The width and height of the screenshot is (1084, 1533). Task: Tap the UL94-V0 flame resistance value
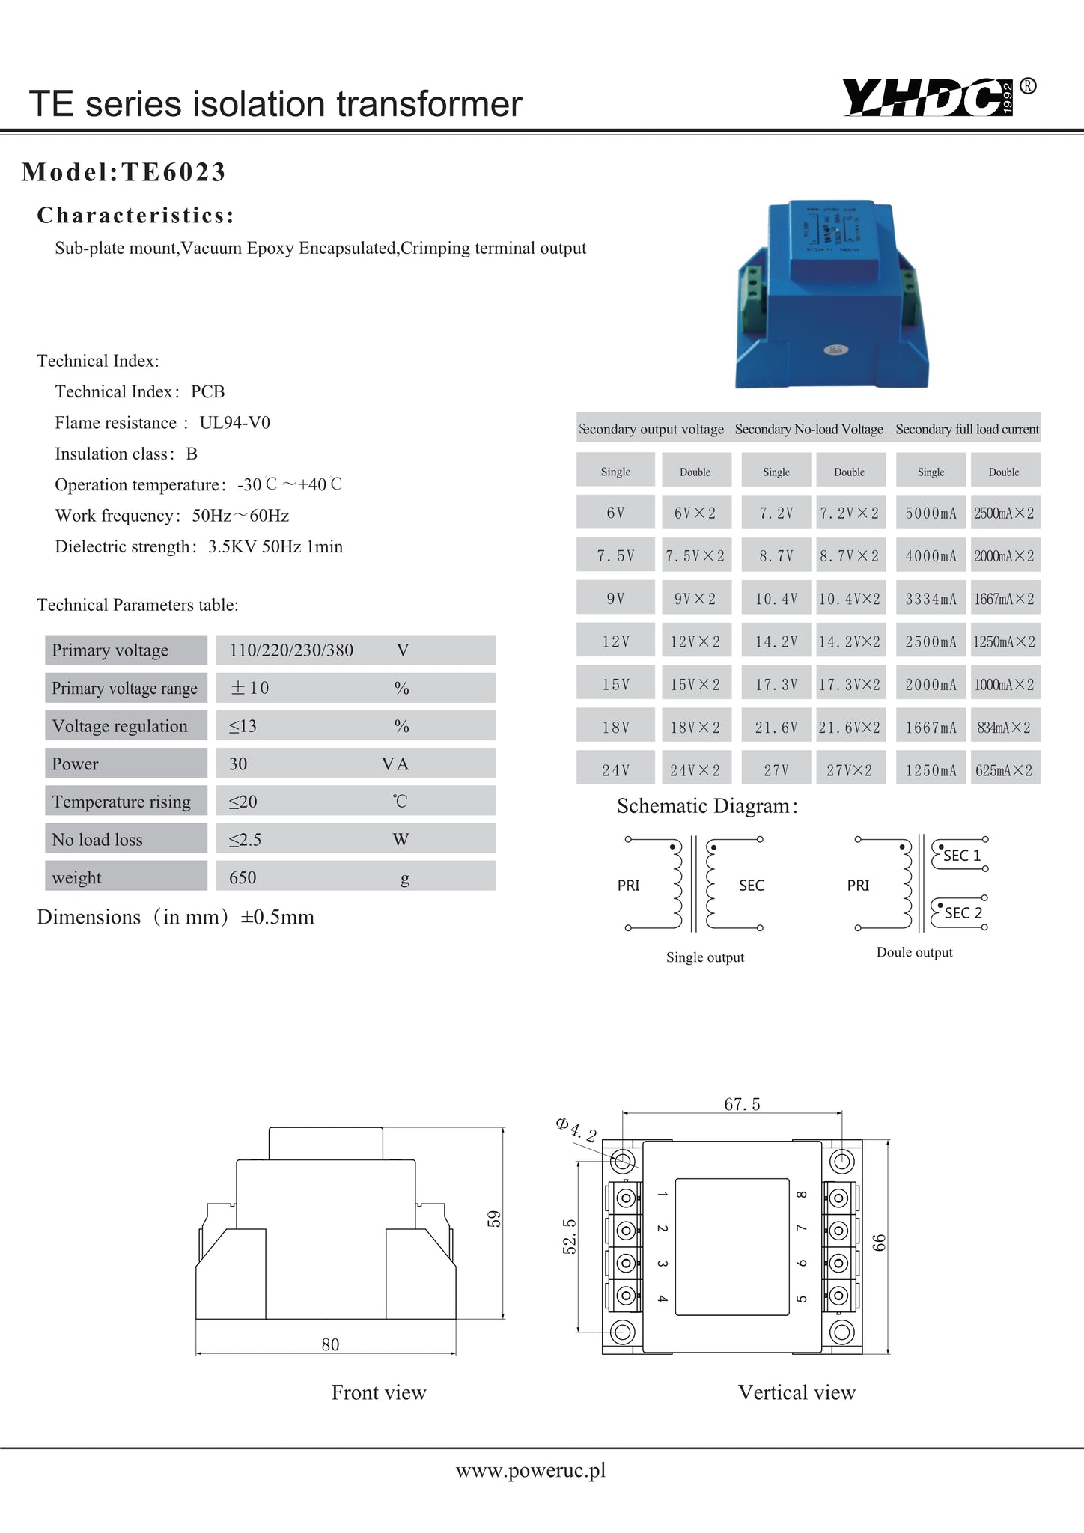[x=234, y=423]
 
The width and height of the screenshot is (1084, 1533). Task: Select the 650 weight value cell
[x=243, y=877]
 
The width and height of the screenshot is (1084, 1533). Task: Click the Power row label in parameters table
[x=75, y=764]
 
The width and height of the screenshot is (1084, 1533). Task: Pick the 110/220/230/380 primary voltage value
[x=291, y=650]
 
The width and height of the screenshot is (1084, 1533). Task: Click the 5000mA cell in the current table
[x=931, y=513]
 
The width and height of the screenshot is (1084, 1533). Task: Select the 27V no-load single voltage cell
[x=776, y=770]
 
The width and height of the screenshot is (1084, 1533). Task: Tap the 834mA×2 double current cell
[x=1004, y=728]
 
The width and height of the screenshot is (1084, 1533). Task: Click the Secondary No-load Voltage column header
[x=809, y=429]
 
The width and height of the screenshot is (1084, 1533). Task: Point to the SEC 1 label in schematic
[x=961, y=856]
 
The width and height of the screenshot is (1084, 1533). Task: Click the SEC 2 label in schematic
[x=963, y=913]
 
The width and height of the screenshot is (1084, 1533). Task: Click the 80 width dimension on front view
[x=330, y=1344]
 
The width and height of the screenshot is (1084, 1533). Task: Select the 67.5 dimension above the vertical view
[x=742, y=1104]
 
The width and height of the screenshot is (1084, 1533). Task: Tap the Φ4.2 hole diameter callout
[x=576, y=1129]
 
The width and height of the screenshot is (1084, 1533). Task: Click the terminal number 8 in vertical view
[x=800, y=1195]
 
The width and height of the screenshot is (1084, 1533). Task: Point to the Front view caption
[x=379, y=1392]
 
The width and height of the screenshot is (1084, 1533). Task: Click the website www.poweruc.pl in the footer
[x=531, y=1471]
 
